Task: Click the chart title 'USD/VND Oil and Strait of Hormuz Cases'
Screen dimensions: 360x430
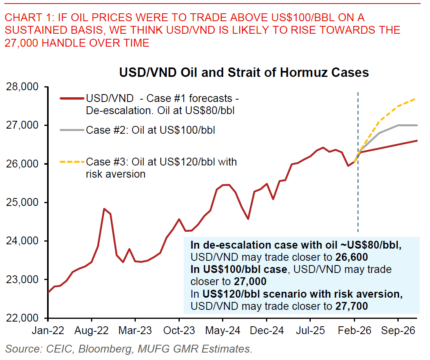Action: coord(244,73)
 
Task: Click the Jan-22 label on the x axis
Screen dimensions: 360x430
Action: coord(48,330)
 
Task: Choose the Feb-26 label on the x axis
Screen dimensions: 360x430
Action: coord(357,330)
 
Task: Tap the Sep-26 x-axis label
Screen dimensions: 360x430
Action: coord(398,330)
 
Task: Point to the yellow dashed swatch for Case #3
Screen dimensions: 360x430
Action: coord(72,161)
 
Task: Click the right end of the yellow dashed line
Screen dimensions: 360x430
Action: coord(416,99)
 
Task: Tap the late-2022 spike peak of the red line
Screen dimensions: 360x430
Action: coord(104,209)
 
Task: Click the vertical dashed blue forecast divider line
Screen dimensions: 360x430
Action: coord(358,196)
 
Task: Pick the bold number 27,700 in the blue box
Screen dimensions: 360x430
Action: coord(352,306)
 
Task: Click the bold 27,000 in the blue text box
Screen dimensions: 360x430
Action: coord(250,282)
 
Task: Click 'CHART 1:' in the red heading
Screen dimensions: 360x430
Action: coord(29,18)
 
